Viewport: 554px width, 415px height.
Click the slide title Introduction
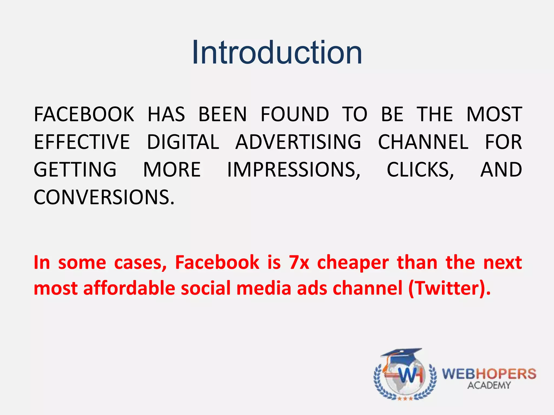point(277,52)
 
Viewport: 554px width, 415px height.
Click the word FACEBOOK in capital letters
point(84,114)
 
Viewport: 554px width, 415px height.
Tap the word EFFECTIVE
point(82,142)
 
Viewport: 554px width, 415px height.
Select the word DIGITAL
point(183,142)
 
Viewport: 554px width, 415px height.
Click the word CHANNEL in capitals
point(423,142)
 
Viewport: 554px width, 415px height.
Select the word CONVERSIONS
point(104,198)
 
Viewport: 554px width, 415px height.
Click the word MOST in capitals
point(494,114)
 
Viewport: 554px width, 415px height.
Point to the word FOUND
point(295,114)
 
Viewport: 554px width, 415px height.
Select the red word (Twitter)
point(449,289)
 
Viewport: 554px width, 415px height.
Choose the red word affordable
point(129,288)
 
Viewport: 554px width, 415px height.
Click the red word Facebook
point(217,262)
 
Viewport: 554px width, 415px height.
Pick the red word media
point(264,288)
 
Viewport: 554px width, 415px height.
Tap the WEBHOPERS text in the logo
point(489,374)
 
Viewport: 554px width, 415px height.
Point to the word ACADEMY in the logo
point(489,385)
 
